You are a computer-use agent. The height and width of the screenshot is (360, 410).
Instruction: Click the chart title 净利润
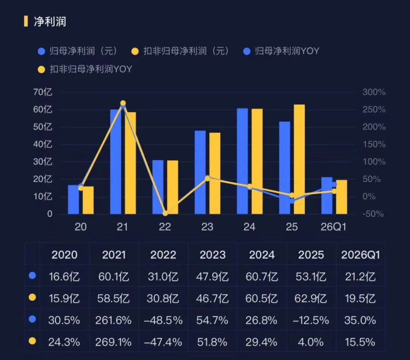[x=50, y=21]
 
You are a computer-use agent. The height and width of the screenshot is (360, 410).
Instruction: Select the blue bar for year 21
[x=115, y=162]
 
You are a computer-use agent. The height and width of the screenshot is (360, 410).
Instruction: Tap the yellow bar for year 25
[x=299, y=159]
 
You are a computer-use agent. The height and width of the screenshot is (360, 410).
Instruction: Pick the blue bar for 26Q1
[x=327, y=196]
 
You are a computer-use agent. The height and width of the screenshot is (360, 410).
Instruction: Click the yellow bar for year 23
[x=214, y=173]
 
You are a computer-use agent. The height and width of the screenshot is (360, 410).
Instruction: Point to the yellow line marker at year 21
[x=123, y=103]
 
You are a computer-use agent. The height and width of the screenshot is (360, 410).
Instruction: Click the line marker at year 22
[x=165, y=213]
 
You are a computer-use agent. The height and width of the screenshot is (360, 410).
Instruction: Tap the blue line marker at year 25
[x=292, y=201]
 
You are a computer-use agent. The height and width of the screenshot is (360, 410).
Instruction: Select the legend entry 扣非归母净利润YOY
[x=85, y=69]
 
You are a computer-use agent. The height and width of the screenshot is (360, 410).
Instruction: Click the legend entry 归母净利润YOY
[x=281, y=51]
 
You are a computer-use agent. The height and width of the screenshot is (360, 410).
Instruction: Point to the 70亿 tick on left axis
[x=43, y=92]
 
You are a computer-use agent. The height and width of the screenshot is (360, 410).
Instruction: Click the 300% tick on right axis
[x=374, y=92]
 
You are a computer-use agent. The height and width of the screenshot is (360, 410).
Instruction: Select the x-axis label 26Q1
[x=333, y=227]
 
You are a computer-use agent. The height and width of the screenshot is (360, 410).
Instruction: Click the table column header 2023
[x=213, y=255]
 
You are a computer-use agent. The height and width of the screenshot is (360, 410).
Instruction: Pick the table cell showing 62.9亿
[x=311, y=298]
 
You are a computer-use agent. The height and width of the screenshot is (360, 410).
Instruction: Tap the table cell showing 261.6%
[x=113, y=321]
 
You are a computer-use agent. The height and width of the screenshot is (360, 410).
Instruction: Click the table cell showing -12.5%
[x=311, y=321]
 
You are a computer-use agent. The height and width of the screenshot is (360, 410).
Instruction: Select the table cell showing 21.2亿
[x=360, y=277]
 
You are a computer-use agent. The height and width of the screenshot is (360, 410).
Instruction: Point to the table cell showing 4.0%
[x=311, y=342]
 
